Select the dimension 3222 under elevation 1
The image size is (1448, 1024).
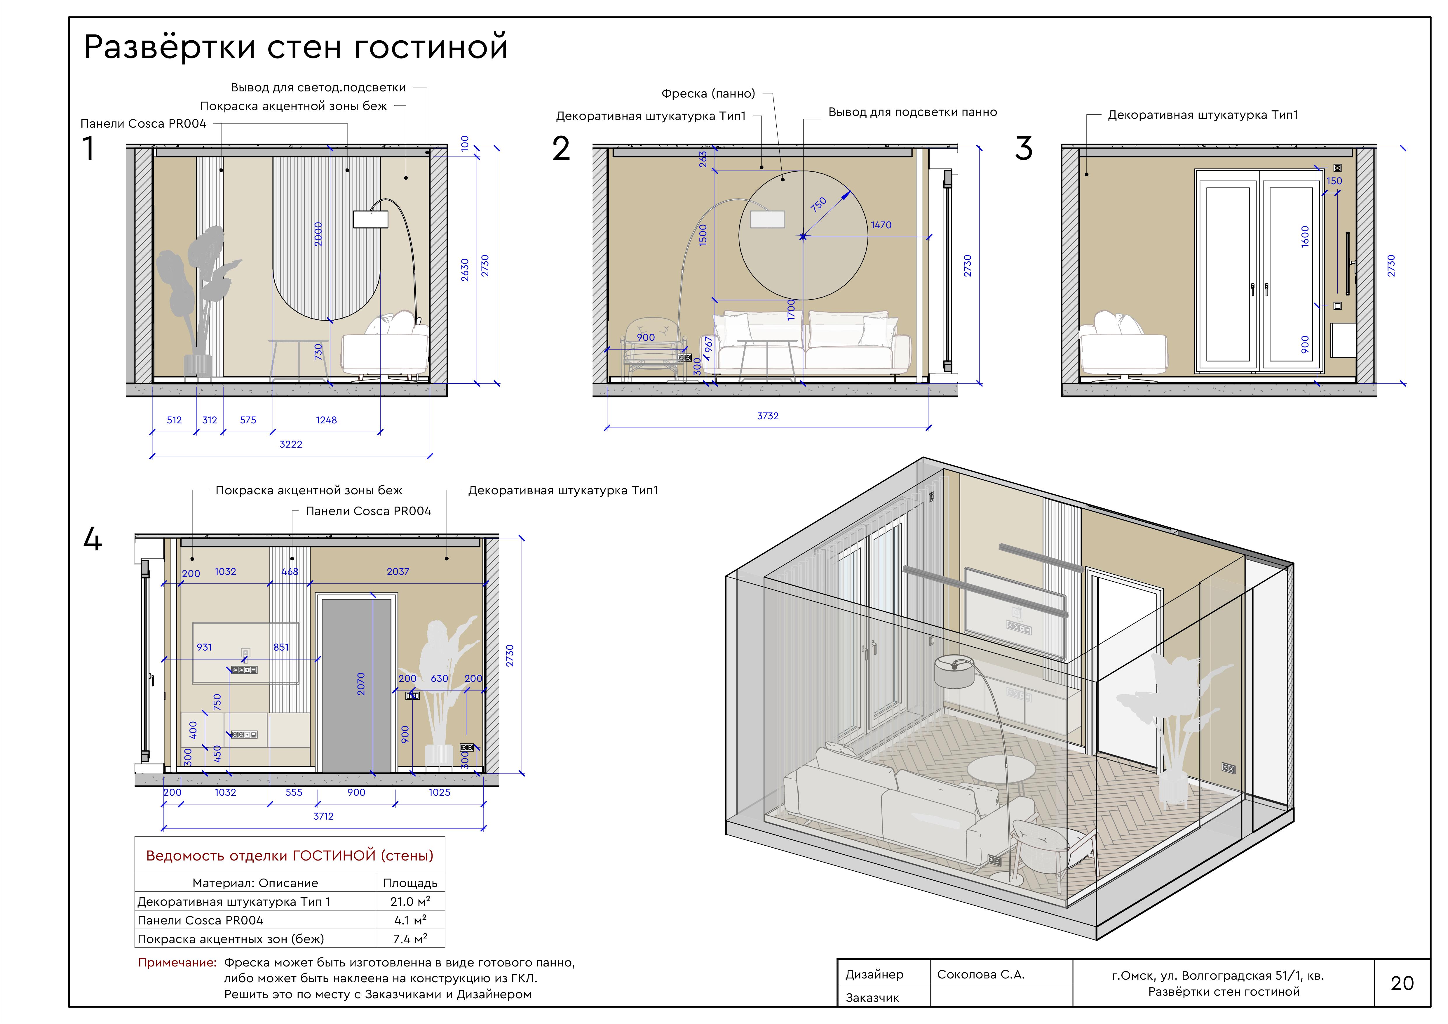(291, 444)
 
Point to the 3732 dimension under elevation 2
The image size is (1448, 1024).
(768, 416)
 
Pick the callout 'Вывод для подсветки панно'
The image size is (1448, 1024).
(913, 112)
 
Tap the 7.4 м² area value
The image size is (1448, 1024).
(410, 939)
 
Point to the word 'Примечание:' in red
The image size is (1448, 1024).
(177, 963)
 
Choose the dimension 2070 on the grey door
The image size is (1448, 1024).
(361, 684)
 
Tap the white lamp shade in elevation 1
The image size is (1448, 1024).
(370, 219)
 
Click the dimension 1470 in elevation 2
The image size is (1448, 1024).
(881, 225)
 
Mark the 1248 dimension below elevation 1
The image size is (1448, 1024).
(326, 420)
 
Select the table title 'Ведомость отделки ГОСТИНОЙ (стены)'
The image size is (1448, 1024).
(290, 856)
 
